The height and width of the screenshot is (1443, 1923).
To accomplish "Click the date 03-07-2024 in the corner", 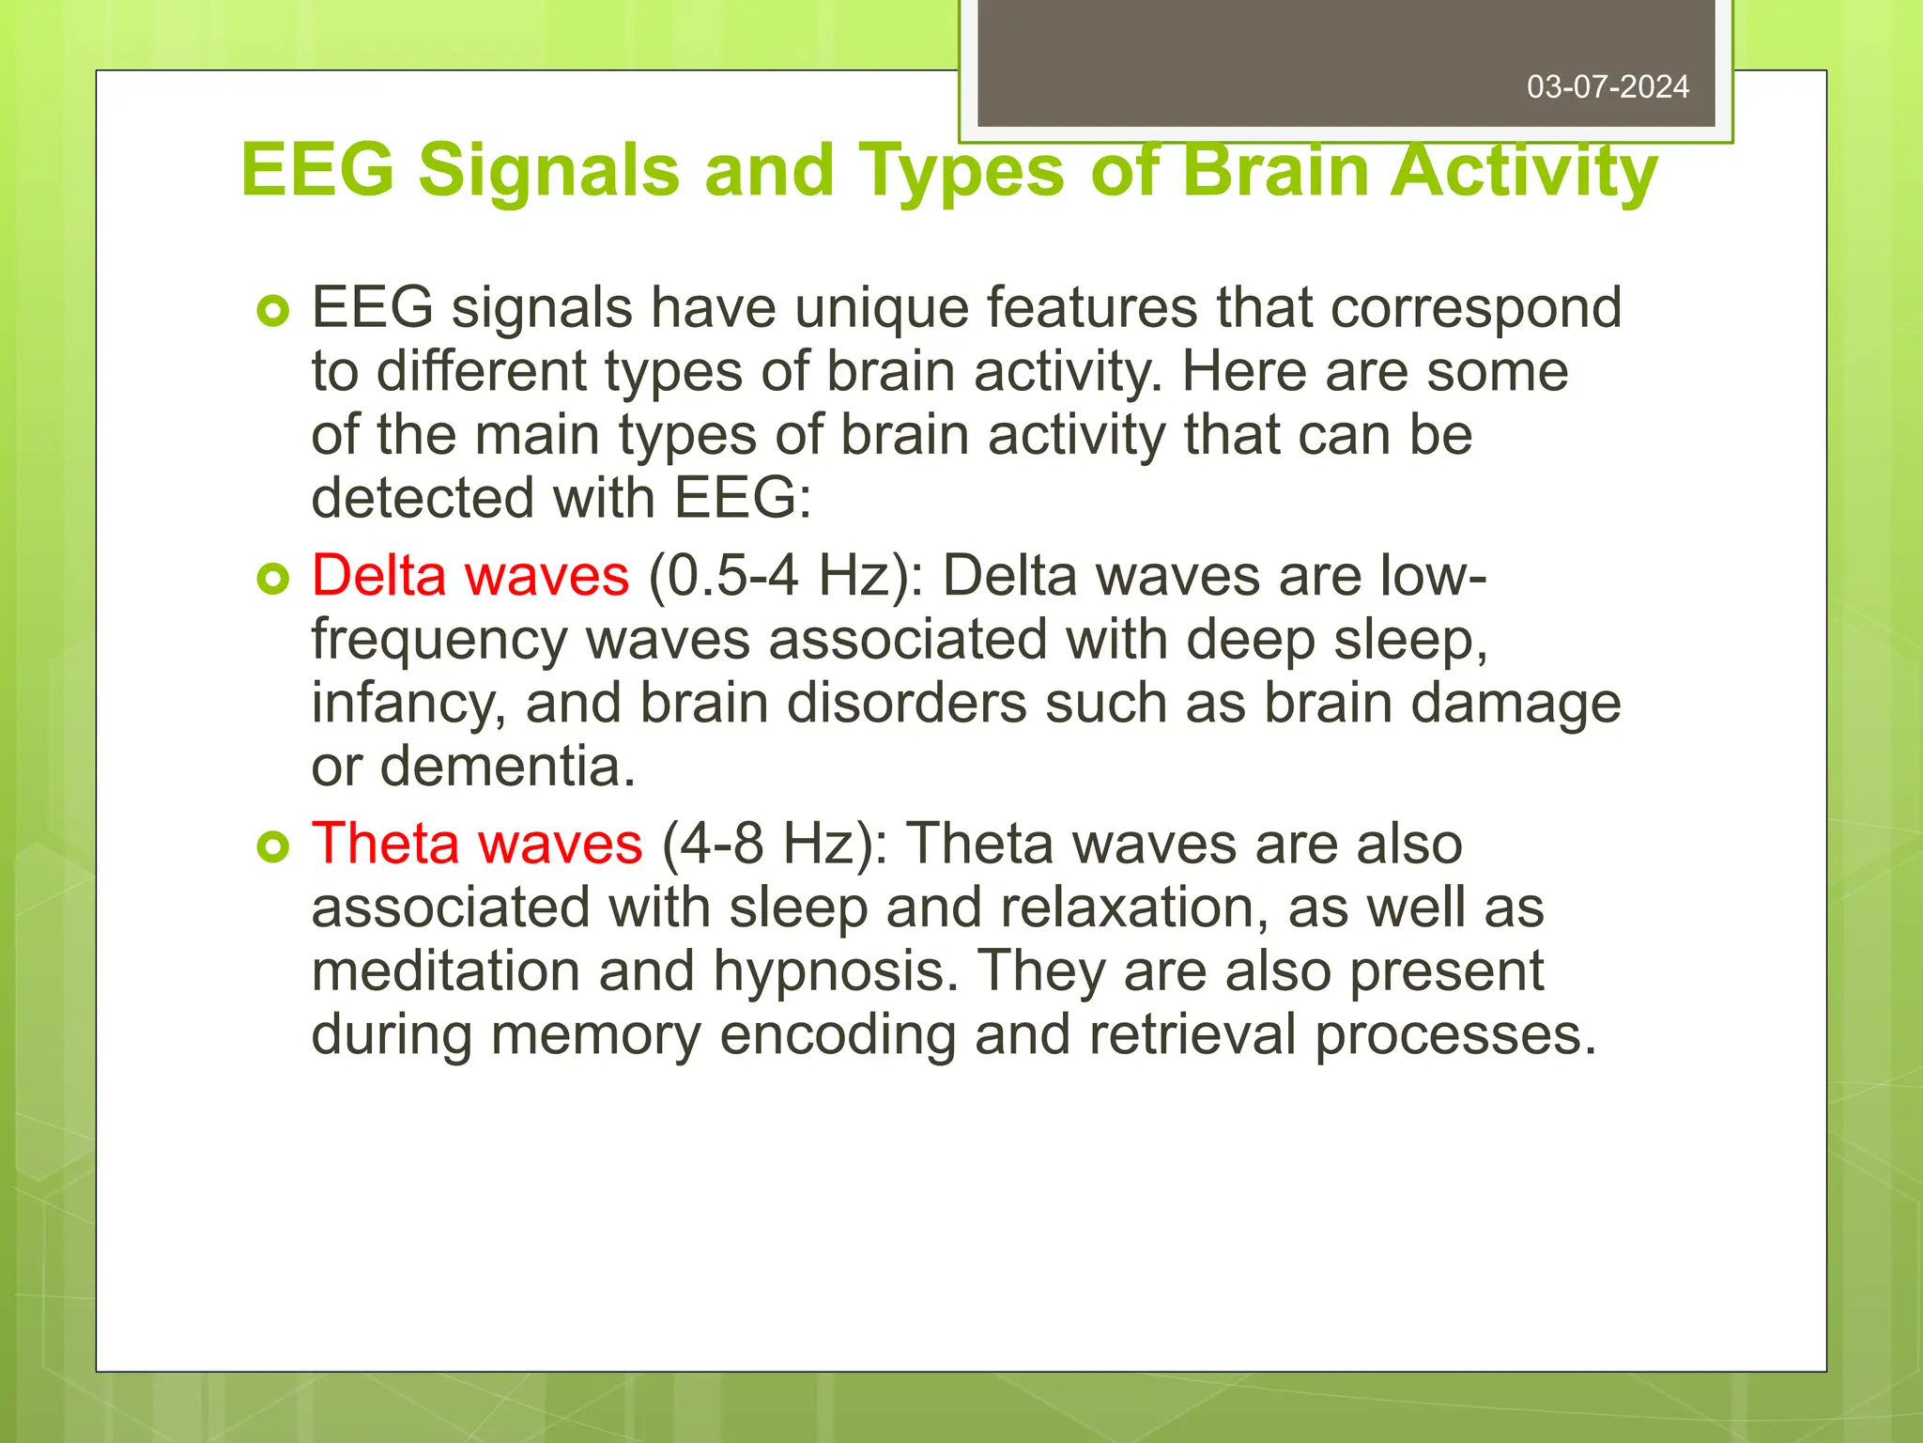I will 1608,87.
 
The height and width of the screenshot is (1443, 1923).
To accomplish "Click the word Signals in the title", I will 548,171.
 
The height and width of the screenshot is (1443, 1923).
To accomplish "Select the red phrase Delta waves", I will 470,576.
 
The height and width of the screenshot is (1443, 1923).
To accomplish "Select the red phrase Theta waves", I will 477,844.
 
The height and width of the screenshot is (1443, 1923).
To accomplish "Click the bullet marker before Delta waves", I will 273,580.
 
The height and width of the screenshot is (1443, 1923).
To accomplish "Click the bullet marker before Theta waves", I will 273,847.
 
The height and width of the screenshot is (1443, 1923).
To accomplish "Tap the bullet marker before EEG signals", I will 273,311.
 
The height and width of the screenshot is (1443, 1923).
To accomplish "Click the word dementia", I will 507,767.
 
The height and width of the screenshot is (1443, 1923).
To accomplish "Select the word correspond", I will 1476,308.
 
